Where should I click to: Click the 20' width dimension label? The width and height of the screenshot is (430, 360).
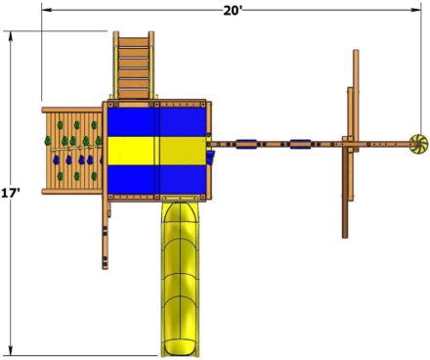point(233,11)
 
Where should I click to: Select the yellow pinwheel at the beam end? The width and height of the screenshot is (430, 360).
point(418,144)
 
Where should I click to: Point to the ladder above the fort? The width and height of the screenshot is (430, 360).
point(134,65)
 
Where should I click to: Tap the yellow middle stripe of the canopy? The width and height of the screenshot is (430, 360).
point(156,151)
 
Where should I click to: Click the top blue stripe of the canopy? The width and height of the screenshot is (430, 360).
point(156,122)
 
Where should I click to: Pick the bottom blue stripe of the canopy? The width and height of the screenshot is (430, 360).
point(156,179)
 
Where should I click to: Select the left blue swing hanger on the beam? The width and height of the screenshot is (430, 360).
point(246,144)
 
